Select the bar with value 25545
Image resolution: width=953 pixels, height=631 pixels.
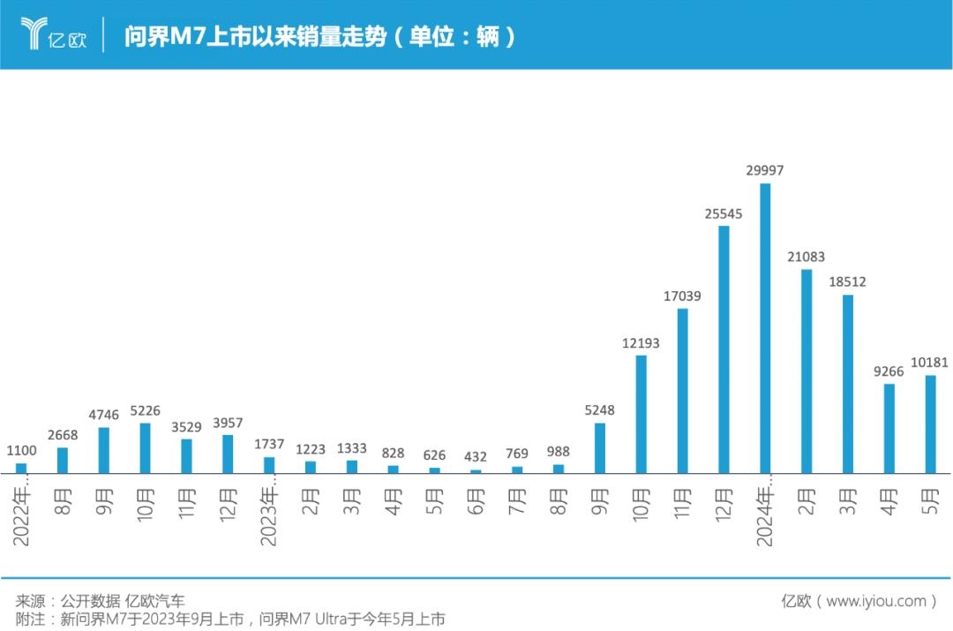pyautogui.click(x=724, y=349)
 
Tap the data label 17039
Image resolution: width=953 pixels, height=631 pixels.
pyautogui.click(x=682, y=297)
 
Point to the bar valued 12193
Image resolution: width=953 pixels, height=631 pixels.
pyautogui.click(x=641, y=414)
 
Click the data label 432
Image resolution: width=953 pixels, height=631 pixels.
pyautogui.click(x=476, y=456)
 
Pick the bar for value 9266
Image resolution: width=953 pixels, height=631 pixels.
pyautogui.click(x=889, y=428)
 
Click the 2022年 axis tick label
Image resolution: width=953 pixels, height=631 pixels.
pyautogui.click(x=22, y=510)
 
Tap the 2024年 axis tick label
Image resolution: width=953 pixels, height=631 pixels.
pyautogui.click(x=765, y=510)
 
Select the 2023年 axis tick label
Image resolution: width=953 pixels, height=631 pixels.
pyautogui.click(x=270, y=510)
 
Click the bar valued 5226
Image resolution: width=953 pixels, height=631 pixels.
pyautogui.click(x=145, y=447)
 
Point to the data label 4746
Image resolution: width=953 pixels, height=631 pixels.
pyautogui.click(x=104, y=415)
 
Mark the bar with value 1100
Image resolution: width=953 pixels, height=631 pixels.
pyautogui.click(x=21, y=468)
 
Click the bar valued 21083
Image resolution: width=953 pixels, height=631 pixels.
pyautogui.click(x=807, y=371)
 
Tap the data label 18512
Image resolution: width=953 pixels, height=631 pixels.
pyautogui.click(x=847, y=282)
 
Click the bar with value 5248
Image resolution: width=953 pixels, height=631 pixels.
pyautogui.click(x=600, y=447)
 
